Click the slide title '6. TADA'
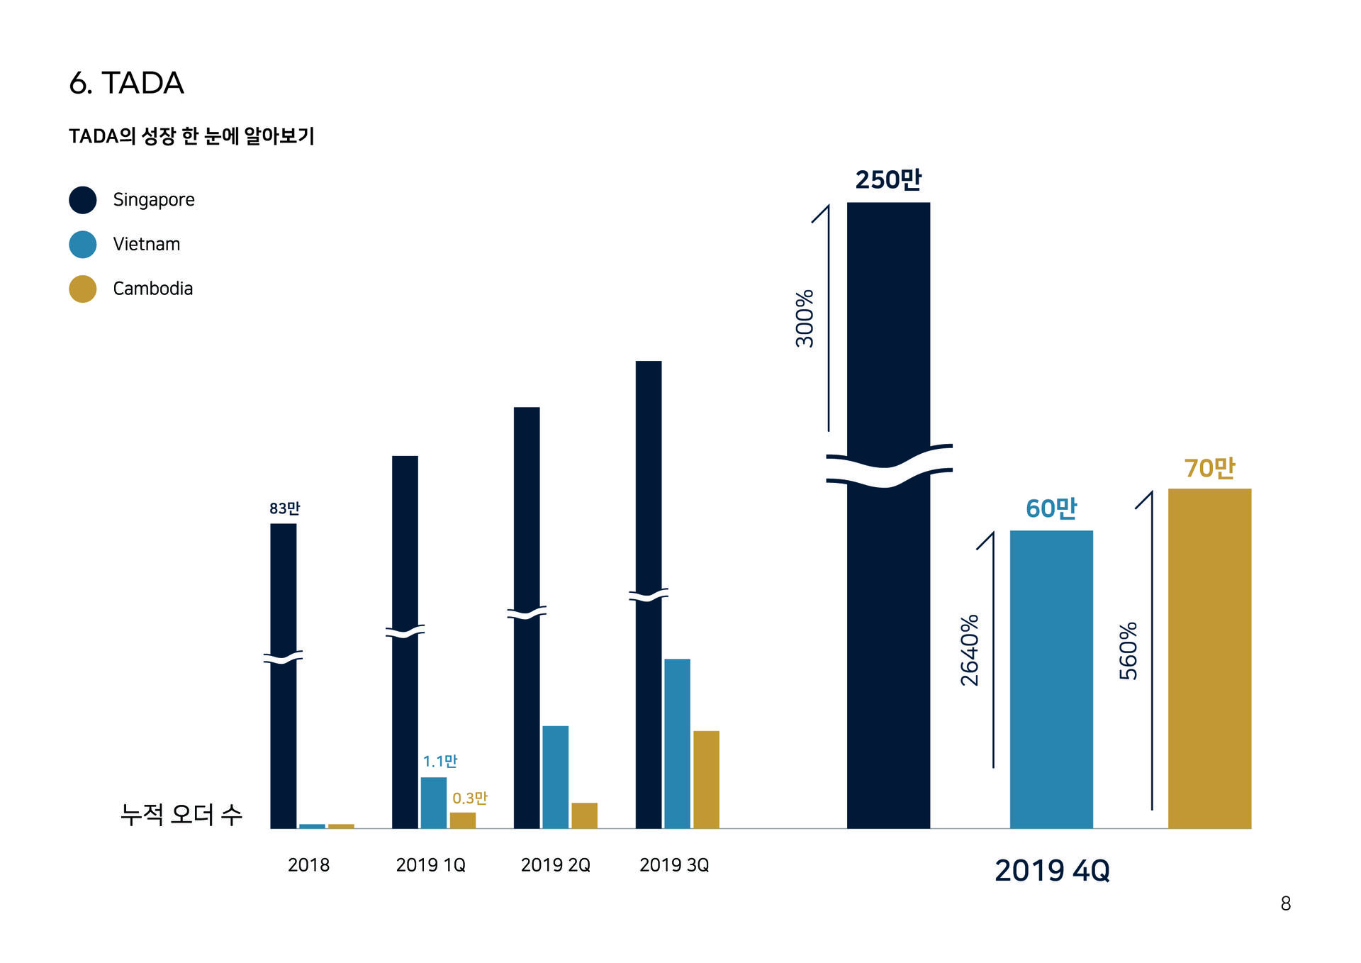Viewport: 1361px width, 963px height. [126, 83]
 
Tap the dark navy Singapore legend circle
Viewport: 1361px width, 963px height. [83, 200]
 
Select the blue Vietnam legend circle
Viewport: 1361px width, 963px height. [83, 245]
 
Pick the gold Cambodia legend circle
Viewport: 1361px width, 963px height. [83, 289]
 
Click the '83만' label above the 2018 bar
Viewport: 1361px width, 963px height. [284, 508]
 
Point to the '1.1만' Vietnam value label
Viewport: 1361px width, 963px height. [439, 762]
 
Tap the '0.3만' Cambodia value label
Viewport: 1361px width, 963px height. [469, 798]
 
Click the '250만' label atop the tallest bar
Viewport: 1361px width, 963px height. [888, 180]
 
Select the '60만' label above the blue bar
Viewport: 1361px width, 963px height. [1051, 508]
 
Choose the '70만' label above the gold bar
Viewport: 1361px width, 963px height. [1209, 468]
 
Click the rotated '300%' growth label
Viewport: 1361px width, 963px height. [805, 318]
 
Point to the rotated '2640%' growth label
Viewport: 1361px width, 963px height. [970, 650]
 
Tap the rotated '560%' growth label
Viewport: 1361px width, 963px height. [1128, 651]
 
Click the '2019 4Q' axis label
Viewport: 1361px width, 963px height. [1052, 871]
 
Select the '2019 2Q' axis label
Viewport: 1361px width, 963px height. [555, 865]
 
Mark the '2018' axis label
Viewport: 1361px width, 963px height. [308, 865]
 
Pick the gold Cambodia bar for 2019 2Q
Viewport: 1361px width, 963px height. [584, 816]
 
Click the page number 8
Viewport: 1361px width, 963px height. [1285, 904]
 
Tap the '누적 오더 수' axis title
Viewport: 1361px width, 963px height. [181, 815]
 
